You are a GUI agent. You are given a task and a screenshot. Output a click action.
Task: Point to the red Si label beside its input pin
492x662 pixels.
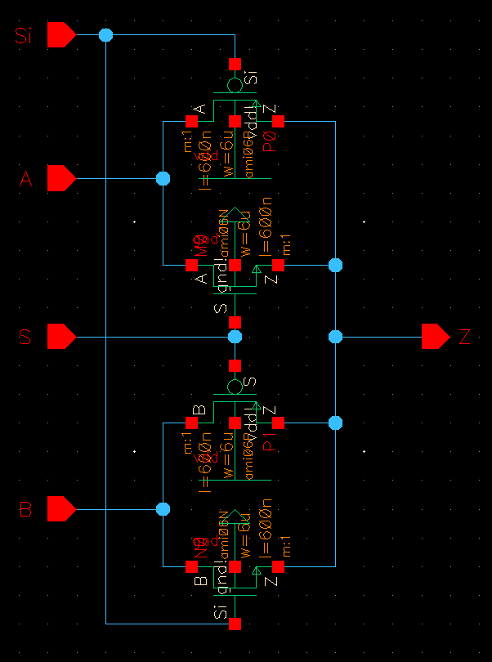click(x=25, y=36)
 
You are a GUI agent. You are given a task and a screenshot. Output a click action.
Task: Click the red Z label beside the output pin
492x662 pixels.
click(x=465, y=337)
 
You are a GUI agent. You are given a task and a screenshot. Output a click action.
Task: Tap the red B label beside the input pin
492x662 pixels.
click(x=25, y=510)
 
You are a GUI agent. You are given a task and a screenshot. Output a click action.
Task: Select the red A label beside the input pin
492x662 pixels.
click(x=25, y=179)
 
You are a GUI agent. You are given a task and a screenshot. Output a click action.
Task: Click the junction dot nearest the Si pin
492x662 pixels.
click(x=105, y=35)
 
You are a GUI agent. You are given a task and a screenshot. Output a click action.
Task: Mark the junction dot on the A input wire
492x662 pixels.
click(x=163, y=178)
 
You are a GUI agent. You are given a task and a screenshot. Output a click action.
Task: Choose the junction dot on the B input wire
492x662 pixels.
click(x=163, y=509)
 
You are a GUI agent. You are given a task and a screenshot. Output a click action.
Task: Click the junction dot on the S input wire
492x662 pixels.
click(x=235, y=336)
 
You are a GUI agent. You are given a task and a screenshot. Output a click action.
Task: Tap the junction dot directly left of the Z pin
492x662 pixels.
click(x=335, y=336)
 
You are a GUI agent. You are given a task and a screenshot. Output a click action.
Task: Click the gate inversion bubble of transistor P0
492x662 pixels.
click(x=235, y=85)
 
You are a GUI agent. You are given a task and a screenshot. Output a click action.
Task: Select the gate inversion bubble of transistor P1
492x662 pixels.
click(x=235, y=386)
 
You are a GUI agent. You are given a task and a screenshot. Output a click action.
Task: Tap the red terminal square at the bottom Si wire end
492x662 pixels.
click(x=235, y=624)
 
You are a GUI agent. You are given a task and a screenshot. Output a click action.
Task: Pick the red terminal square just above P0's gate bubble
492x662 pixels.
click(x=235, y=64)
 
